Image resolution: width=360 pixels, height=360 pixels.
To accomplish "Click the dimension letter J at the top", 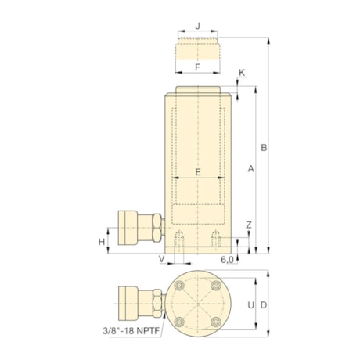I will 198,26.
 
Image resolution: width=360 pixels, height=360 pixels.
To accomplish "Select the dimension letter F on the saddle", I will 198,67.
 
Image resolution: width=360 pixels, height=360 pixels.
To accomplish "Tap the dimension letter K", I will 242,73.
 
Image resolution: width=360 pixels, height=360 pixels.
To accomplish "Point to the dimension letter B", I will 264,147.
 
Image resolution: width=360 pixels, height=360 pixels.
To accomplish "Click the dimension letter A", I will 250,168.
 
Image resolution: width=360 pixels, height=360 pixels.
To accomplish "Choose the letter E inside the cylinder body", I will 198,171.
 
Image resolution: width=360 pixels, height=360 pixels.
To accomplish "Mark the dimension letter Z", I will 248,225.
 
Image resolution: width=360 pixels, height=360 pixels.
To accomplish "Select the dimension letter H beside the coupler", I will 102,242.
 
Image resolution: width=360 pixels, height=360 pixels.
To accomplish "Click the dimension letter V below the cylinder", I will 162,257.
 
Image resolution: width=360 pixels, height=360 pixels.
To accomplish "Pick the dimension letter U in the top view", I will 250,304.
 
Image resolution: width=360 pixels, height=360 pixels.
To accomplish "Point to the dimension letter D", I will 265,304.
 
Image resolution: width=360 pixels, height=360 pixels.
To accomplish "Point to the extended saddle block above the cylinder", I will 198,52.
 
